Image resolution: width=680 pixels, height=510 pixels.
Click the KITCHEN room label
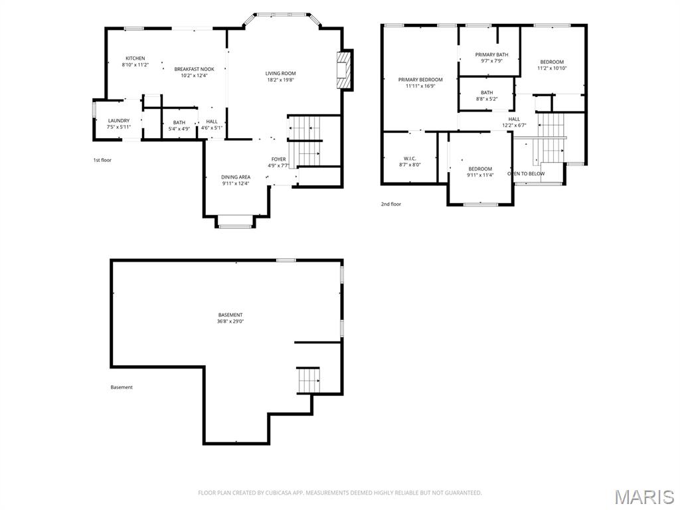pyautogui.click(x=135, y=58)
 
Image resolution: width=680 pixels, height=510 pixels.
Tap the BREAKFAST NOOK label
pyautogui.click(x=195, y=69)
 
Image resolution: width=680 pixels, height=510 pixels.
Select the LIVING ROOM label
pyautogui.click(x=280, y=73)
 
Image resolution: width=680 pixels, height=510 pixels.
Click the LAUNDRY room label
pyautogui.click(x=119, y=120)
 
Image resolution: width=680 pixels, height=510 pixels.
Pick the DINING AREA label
pyautogui.click(x=236, y=177)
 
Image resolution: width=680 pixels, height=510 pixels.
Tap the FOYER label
pyautogui.click(x=278, y=159)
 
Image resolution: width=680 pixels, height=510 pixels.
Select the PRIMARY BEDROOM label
pyautogui.click(x=420, y=80)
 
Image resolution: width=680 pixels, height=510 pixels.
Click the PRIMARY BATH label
pyautogui.click(x=491, y=54)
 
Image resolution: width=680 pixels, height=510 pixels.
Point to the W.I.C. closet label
pyautogui.click(x=409, y=158)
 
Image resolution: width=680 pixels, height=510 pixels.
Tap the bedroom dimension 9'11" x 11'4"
pyautogui.click(x=480, y=175)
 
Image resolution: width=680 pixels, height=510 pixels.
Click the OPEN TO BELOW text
pyautogui.click(x=526, y=174)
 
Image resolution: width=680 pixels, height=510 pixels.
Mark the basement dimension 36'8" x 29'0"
pyautogui.click(x=230, y=321)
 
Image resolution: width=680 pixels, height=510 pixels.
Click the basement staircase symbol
pyautogui.click(x=309, y=380)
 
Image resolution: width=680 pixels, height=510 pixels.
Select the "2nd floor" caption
pyautogui.click(x=391, y=205)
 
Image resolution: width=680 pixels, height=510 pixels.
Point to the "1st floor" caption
pyautogui.click(x=103, y=160)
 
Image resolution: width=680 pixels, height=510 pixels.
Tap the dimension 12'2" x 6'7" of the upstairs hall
pyautogui.click(x=514, y=125)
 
